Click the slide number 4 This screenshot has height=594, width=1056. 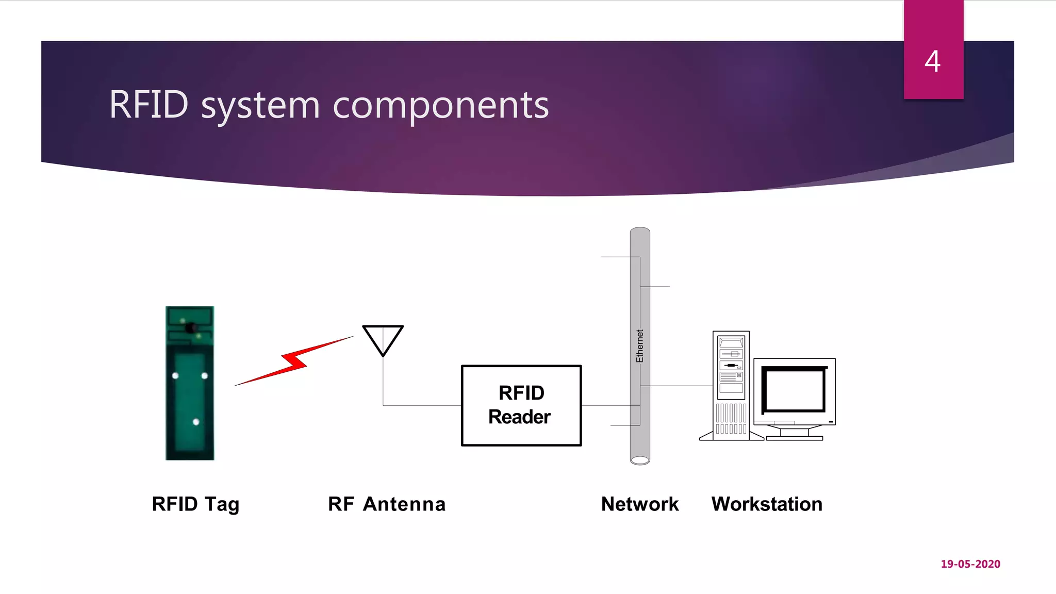[932, 61]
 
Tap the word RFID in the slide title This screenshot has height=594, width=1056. [148, 104]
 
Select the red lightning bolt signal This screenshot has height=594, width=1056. [294, 360]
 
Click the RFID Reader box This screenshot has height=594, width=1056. [521, 405]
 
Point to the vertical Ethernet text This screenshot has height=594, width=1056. [640, 346]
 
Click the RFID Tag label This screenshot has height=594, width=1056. [195, 504]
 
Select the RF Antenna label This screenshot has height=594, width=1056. [387, 504]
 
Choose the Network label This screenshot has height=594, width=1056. [640, 504]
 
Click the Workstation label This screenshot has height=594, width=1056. [767, 504]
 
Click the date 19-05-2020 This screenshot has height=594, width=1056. [970, 564]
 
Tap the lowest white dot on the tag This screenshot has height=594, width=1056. [196, 422]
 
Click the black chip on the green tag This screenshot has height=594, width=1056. [191, 327]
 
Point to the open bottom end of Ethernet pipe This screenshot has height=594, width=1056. [640, 460]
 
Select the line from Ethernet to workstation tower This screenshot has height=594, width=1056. [681, 386]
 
